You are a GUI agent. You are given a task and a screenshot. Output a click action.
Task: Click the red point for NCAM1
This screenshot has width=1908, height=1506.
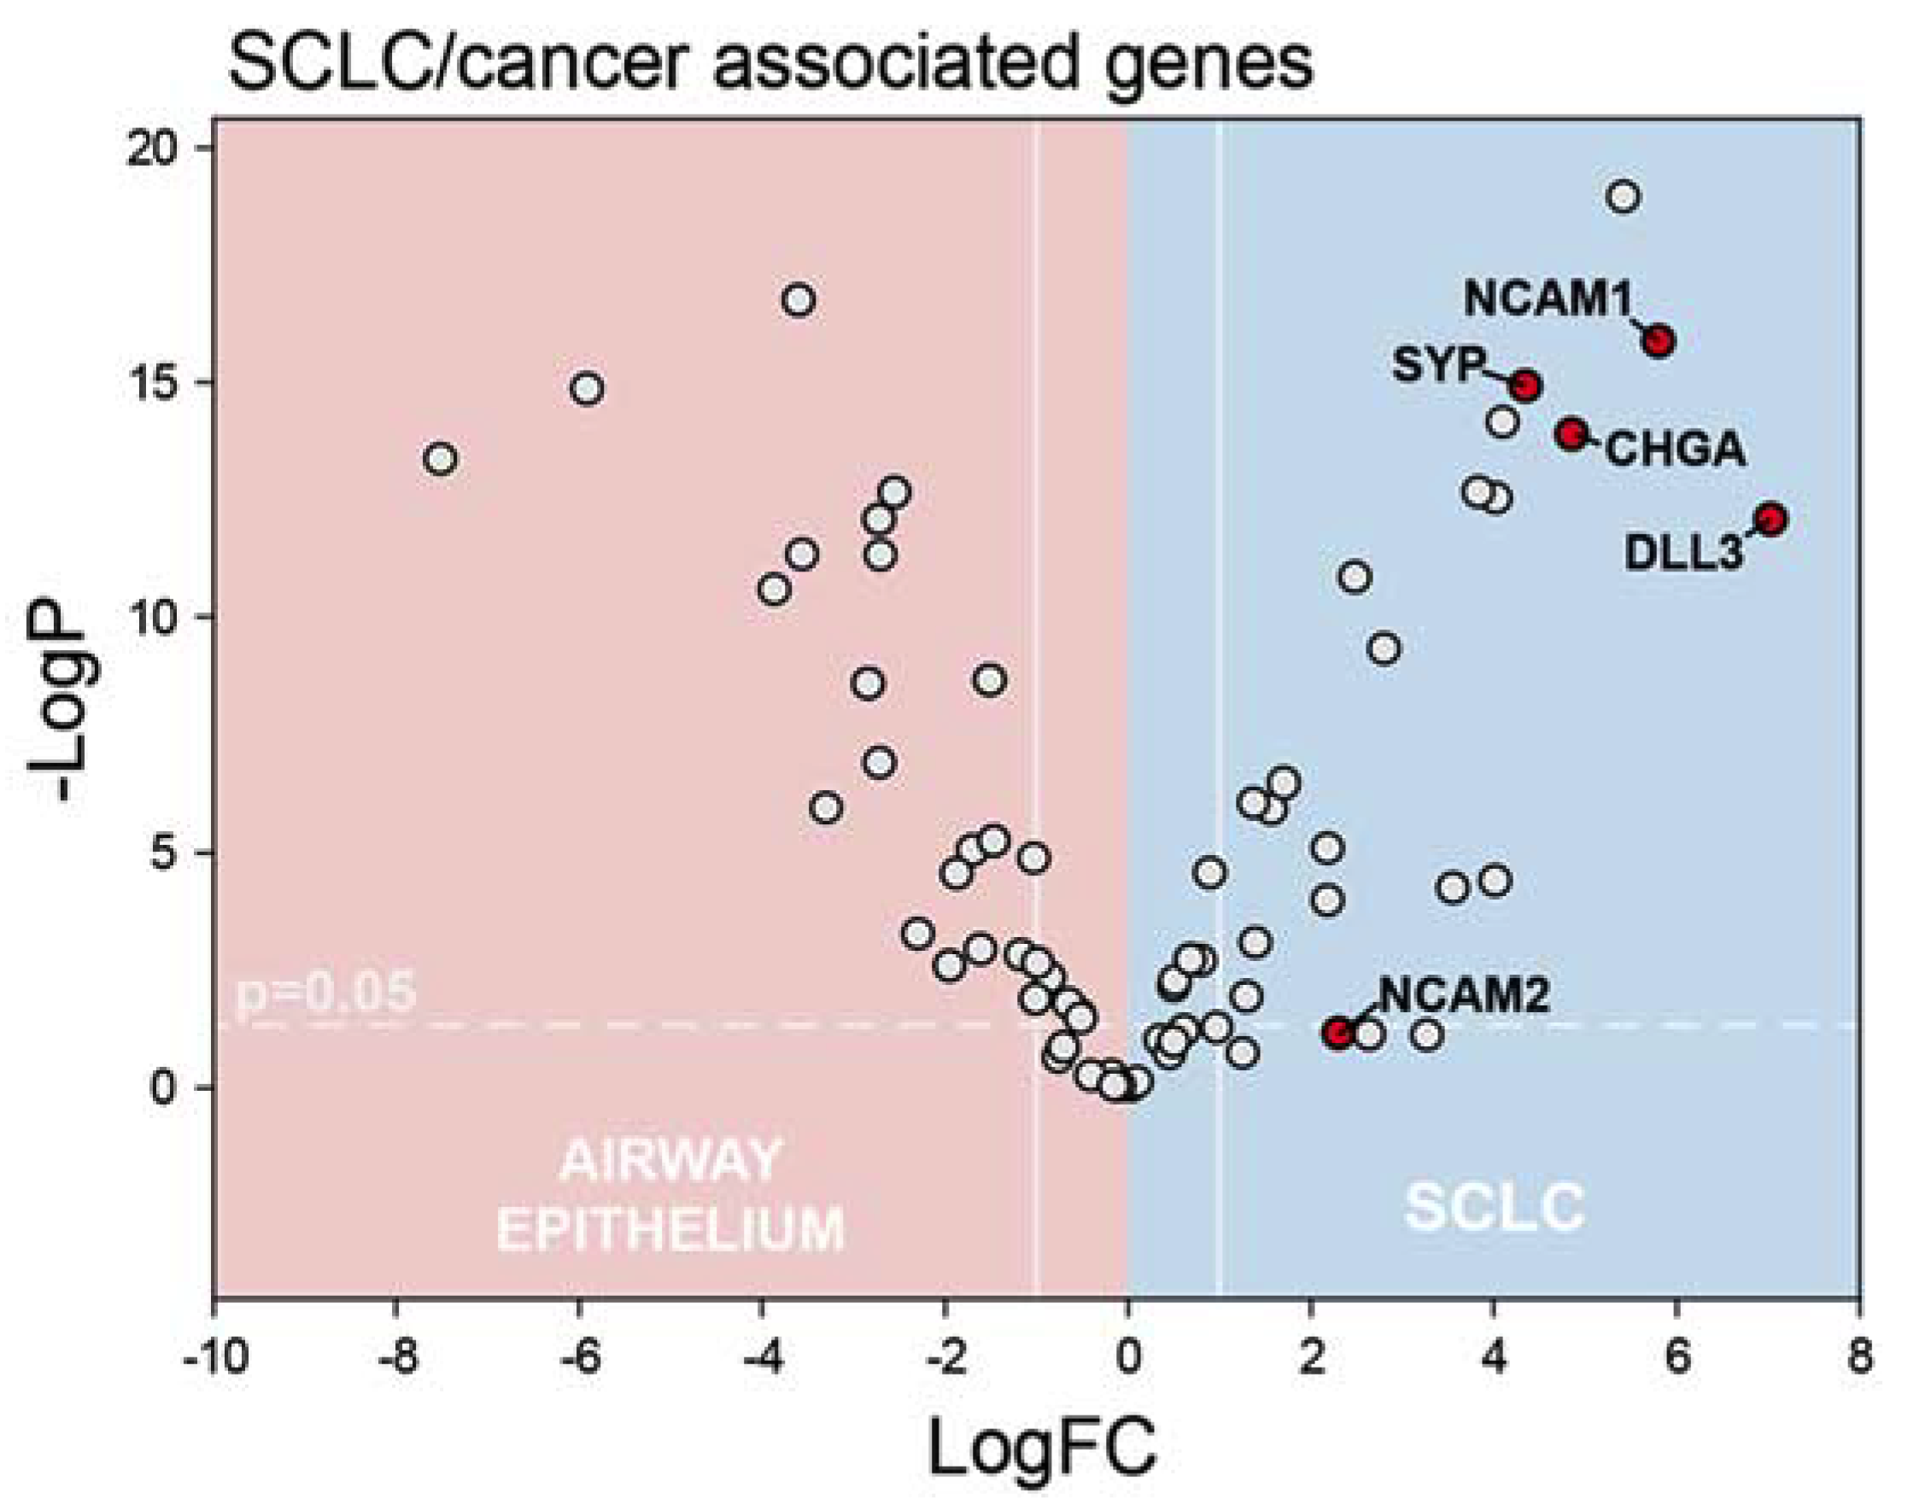(x=1659, y=340)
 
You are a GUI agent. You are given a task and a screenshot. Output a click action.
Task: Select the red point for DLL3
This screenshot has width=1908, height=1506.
(x=1770, y=519)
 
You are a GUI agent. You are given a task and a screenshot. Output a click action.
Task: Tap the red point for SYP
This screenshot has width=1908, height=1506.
(x=1525, y=385)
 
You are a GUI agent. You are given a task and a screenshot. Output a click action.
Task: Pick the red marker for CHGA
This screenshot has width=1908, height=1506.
(x=1572, y=433)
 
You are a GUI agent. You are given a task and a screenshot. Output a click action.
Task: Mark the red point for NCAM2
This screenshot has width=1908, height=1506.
(x=1339, y=1033)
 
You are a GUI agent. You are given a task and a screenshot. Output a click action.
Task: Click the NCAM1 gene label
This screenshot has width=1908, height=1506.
(x=1549, y=300)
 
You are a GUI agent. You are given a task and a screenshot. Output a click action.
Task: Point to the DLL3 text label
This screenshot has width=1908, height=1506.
(x=1683, y=553)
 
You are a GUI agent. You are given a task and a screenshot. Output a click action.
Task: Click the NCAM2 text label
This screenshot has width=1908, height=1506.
(x=1464, y=995)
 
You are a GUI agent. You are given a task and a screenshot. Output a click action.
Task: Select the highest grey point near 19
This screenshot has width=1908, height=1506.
(x=1624, y=196)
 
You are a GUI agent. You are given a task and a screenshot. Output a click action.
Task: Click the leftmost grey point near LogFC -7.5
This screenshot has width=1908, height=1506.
(x=441, y=460)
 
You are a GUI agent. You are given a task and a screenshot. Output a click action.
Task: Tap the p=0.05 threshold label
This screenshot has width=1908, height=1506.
(x=325, y=992)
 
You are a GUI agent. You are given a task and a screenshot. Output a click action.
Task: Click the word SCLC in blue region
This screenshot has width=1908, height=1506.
(x=1495, y=1207)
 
